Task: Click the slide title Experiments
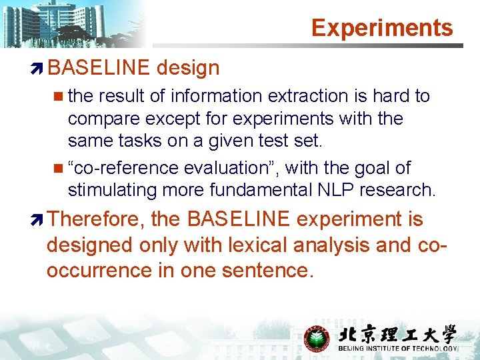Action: tap(381, 27)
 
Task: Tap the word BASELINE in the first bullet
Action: tap(98, 67)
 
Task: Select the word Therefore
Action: tap(95, 219)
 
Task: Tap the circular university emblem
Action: tap(316, 339)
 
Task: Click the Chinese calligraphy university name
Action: tap(397, 335)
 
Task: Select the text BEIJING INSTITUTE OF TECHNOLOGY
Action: tap(397, 349)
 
